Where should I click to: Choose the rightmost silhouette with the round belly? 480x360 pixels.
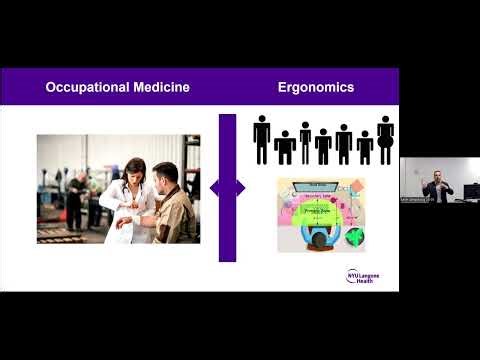click(x=385, y=139)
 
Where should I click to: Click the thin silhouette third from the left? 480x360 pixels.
click(x=304, y=142)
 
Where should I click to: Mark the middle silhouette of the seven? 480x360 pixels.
click(x=323, y=146)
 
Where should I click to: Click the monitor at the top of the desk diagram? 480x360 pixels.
click(x=319, y=186)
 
